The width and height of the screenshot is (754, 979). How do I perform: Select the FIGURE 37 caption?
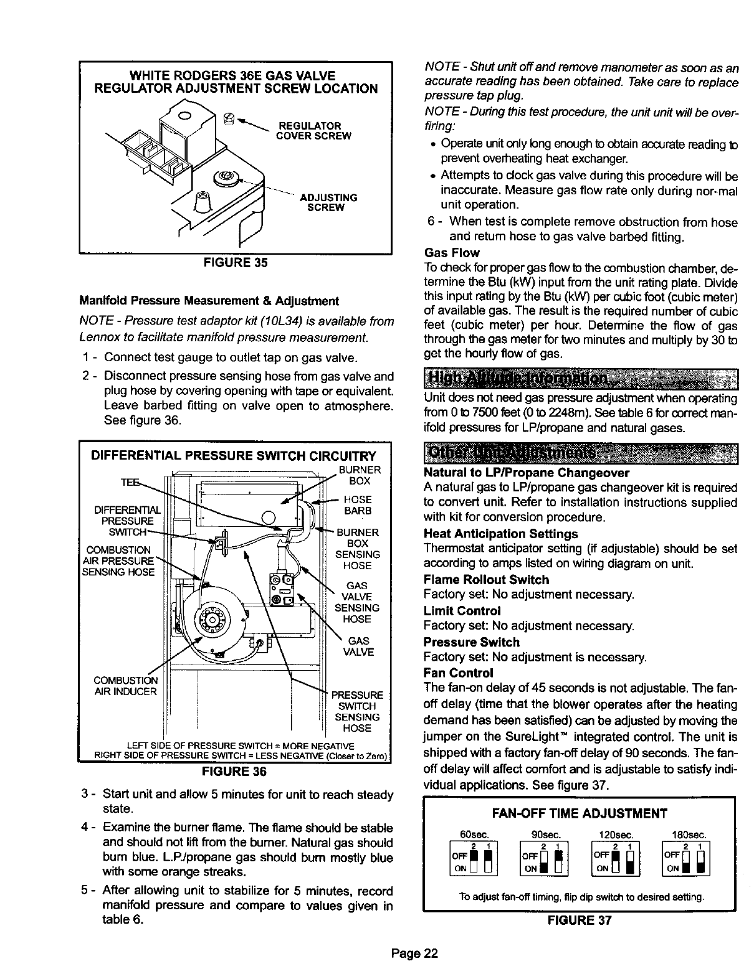pyautogui.click(x=580, y=920)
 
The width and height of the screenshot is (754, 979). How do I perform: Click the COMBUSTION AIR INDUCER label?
pyautogui.click(x=125, y=685)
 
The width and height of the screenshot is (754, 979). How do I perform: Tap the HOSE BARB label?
pyautogui.click(x=358, y=505)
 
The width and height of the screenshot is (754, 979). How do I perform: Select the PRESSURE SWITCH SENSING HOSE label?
pyautogui.click(x=357, y=711)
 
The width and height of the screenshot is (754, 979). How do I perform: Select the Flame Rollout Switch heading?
pyautogui.click(x=486, y=580)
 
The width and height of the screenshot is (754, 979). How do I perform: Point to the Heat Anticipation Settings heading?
pyautogui.click(x=500, y=534)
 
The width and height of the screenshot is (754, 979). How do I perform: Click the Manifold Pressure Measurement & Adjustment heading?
pyautogui.click(x=209, y=301)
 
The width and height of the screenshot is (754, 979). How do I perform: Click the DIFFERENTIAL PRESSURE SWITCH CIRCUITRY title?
pyautogui.click(x=234, y=455)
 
